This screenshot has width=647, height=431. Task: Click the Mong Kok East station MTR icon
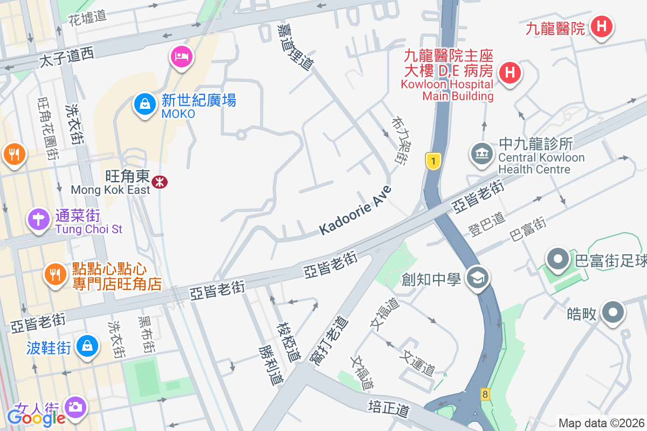[x=160, y=182]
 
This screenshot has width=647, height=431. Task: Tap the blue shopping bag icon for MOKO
[x=145, y=103]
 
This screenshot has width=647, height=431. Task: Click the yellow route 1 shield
[x=433, y=161]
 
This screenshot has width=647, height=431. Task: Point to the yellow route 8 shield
[x=485, y=394]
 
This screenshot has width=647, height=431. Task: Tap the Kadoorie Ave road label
[x=355, y=211]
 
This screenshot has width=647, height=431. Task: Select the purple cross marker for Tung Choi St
[x=39, y=220]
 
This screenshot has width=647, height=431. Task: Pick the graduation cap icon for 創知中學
[x=477, y=279]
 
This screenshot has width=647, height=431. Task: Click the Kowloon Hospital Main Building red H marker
[x=510, y=72]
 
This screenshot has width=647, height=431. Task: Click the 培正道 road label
[x=389, y=407]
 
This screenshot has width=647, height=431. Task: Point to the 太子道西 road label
[x=66, y=56]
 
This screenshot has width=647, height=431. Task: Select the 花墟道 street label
[x=87, y=17]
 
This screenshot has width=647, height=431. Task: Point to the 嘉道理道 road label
[x=295, y=46]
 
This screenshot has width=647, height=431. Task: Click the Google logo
[x=36, y=418]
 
